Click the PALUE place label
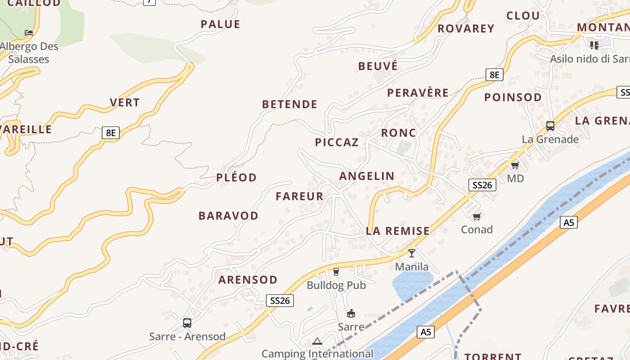tap(220, 24)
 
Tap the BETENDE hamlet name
tap(290, 104)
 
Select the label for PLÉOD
tap(236, 177)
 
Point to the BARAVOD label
tap(229, 216)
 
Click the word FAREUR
tap(300, 196)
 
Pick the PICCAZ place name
tap(337, 143)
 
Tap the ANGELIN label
tap(367, 176)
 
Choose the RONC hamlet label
tap(399, 133)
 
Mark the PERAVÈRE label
tap(418, 93)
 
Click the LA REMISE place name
tap(398, 231)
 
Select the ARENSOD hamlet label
tap(248, 280)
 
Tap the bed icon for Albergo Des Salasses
tap(29, 32)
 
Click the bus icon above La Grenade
tap(550, 126)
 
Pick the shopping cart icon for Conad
tap(477, 216)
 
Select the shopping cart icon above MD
tap(515, 165)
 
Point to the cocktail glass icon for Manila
tap(411, 253)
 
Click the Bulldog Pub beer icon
tap(336, 271)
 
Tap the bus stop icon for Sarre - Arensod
tap(187, 323)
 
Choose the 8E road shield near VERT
tap(111, 133)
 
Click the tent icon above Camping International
tap(317, 341)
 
